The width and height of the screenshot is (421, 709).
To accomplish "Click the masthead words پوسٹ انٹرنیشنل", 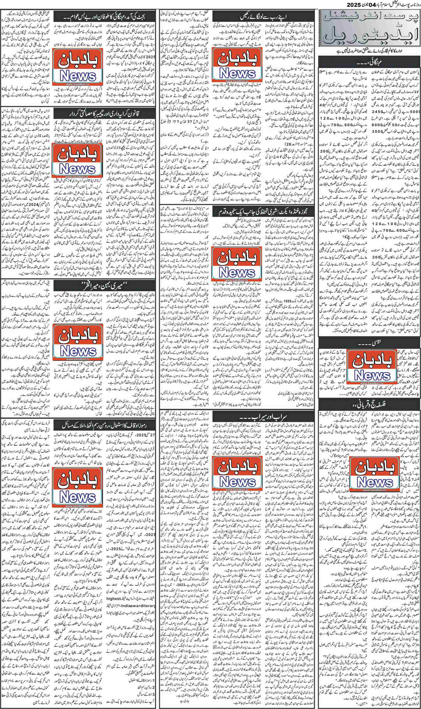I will (369, 20).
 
